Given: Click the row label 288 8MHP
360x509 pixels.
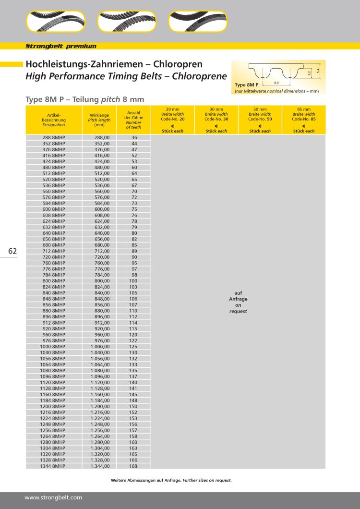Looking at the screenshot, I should [53, 137].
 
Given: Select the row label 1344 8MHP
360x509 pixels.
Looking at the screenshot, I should [53, 466].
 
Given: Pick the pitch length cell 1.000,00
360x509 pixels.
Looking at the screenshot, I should [100, 347].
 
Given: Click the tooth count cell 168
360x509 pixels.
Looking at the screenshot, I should [133, 466].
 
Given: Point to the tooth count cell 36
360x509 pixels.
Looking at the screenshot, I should [134, 137].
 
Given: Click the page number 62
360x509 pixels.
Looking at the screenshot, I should [12, 251].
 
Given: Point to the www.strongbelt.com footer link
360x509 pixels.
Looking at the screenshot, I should [53, 497].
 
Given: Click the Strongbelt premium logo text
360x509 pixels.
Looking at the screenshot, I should [61, 46].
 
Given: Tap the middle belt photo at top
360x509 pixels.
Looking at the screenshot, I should [127, 21].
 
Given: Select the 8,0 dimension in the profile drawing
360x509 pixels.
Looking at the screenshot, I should [276, 83].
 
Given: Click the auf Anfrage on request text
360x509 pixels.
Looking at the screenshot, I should [238, 302].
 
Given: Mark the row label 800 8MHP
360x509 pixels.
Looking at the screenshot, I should [53, 281].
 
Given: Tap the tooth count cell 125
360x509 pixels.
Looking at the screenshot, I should [133, 347].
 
